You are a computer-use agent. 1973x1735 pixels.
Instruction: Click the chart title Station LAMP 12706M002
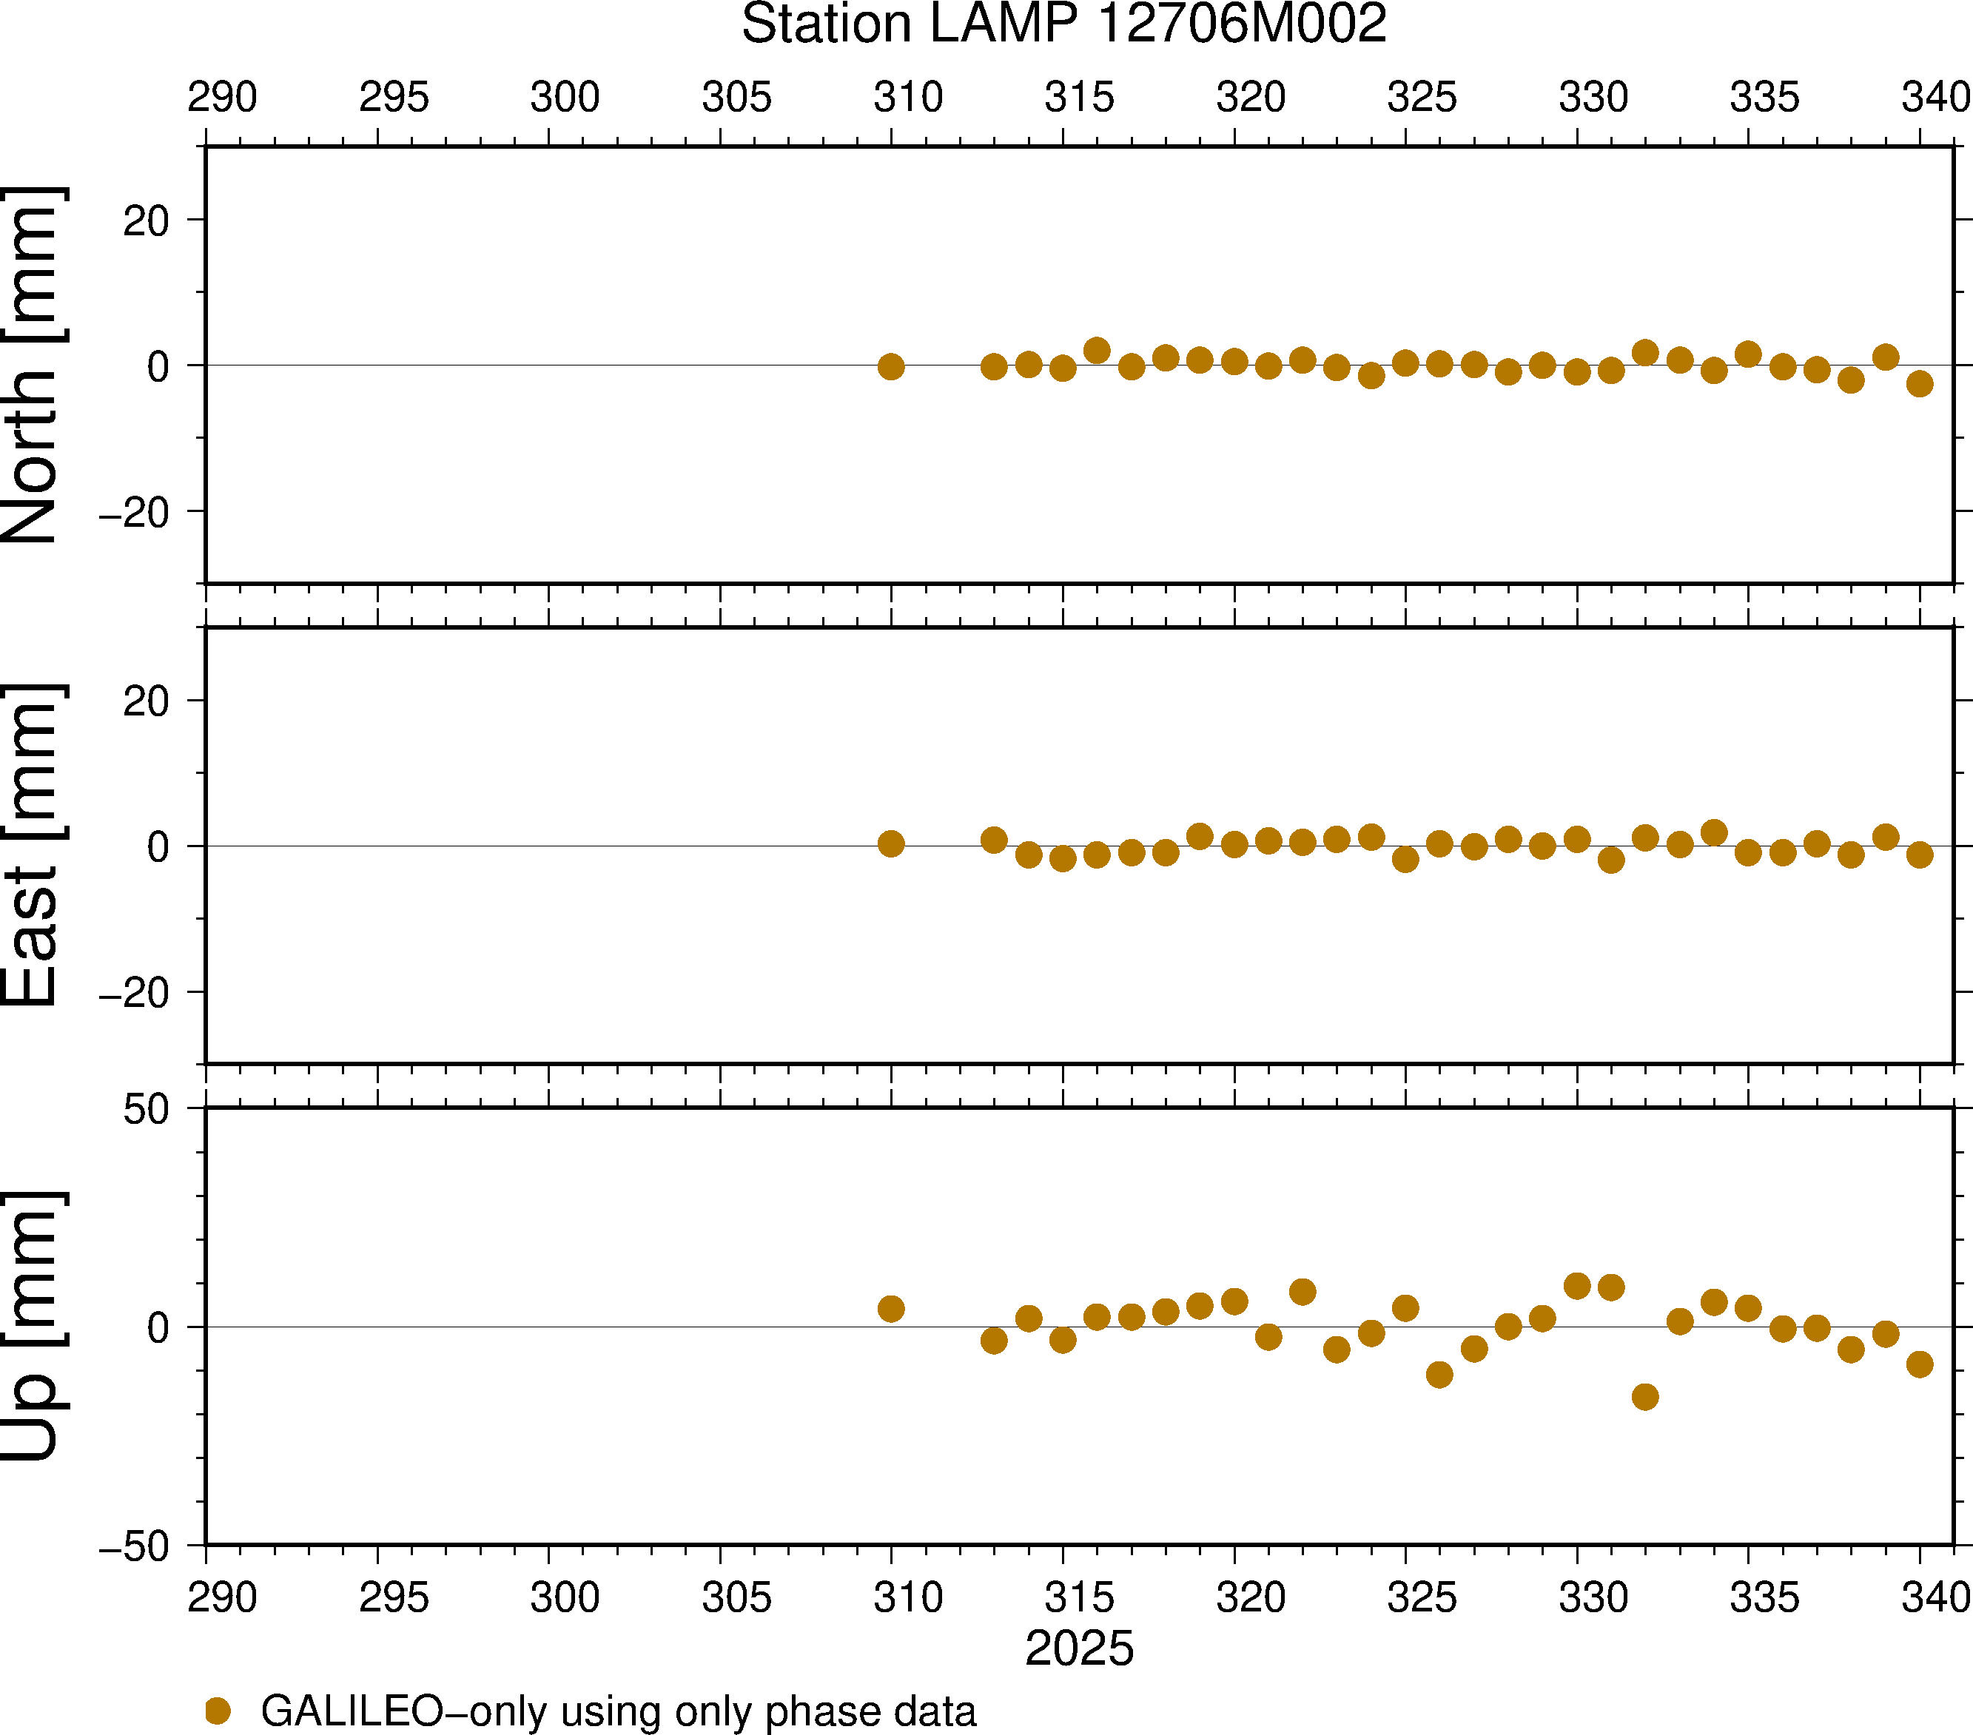pyautogui.click(x=1063, y=24)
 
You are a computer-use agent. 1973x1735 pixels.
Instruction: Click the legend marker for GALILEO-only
pyautogui.click(x=218, y=1711)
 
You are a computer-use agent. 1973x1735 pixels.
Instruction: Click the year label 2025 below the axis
pyautogui.click(x=1079, y=1648)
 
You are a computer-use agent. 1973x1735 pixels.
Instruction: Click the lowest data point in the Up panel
pyautogui.click(x=1646, y=1396)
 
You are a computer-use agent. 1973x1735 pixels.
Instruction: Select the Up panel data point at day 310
pyautogui.click(x=891, y=1309)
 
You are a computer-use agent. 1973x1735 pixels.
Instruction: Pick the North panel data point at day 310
pyautogui.click(x=891, y=367)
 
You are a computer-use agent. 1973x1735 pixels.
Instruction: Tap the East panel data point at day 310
pyautogui.click(x=891, y=843)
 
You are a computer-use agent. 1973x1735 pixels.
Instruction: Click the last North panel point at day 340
pyautogui.click(x=1920, y=383)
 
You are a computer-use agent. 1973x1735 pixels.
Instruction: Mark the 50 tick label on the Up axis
pyautogui.click(x=146, y=1110)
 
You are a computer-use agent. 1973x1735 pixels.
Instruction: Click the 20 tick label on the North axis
pyautogui.click(x=146, y=221)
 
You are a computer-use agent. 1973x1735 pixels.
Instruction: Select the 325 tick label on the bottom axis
pyautogui.click(x=1422, y=1597)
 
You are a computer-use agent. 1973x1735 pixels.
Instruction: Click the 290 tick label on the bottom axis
pyautogui.click(x=222, y=1597)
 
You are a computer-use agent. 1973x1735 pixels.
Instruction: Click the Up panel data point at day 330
pyautogui.click(x=1577, y=1285)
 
